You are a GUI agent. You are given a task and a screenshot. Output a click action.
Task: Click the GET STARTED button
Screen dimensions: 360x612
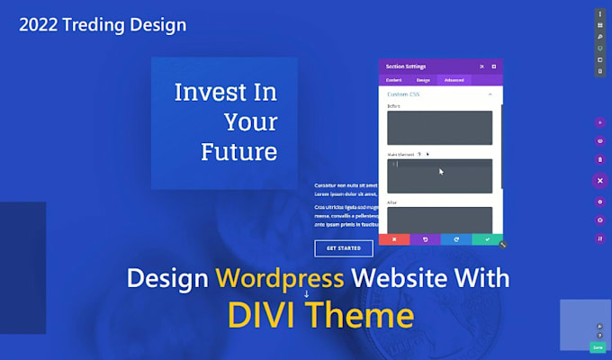coord(344,248)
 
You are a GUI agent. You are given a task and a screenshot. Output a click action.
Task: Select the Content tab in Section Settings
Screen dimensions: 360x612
coord(394,80)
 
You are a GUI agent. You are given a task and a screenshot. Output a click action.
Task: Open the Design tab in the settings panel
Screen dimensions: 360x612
coord(423,80)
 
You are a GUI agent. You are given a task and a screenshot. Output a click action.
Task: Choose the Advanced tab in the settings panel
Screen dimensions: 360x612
coord(454,80)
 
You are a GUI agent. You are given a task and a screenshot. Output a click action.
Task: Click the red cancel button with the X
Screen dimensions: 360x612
coord(394,239)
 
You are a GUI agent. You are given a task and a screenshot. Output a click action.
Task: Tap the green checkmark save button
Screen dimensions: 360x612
coord(487,239)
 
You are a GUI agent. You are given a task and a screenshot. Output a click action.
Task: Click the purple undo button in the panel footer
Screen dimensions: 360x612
coord(425,239)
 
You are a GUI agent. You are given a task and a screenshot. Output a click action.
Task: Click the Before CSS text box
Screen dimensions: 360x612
coord(440,127)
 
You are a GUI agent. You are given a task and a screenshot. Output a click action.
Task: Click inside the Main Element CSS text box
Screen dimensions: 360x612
coord(440,175)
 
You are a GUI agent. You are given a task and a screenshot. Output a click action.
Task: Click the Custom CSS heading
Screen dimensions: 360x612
coord(402,94)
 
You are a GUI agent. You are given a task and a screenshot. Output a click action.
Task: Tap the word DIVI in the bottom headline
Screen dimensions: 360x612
coord(264,315)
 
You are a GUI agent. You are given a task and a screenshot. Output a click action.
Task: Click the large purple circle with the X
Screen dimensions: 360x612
coord(599,180)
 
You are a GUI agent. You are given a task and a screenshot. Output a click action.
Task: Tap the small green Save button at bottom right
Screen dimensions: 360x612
coord(598,346)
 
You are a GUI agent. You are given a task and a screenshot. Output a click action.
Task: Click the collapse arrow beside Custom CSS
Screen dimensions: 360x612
coord(490,94)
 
